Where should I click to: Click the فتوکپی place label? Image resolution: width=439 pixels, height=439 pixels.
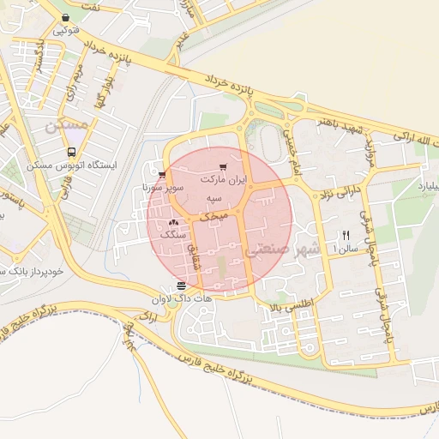(66, 30)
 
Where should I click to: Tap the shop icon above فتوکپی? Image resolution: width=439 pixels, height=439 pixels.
(66, 17)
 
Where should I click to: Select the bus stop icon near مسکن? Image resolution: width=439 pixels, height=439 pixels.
(70, 152)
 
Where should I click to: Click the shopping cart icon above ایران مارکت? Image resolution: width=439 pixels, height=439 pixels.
(223, 167)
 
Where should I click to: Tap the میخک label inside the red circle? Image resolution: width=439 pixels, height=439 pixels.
(214, 219)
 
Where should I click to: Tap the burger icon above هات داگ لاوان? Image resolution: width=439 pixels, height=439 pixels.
(180, 286)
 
